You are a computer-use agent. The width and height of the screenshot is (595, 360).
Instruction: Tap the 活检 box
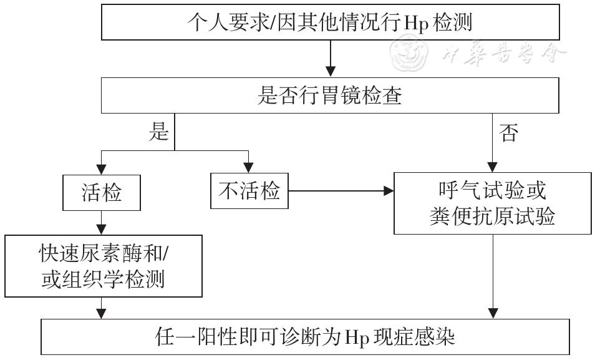tap(101, 193)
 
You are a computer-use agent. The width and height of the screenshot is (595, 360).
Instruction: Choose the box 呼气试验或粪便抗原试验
tap(493, 203)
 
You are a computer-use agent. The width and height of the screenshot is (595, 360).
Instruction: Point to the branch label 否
tap(508, 132)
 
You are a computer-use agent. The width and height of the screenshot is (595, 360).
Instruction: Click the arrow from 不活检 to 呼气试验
tap(340, 191)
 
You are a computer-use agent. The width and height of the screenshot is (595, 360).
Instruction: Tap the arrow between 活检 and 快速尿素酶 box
tap(101, 222)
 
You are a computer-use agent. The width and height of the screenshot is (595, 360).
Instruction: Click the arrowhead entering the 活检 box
tap(101, 169)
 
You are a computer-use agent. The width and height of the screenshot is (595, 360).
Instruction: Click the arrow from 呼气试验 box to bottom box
tap(494, 275)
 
